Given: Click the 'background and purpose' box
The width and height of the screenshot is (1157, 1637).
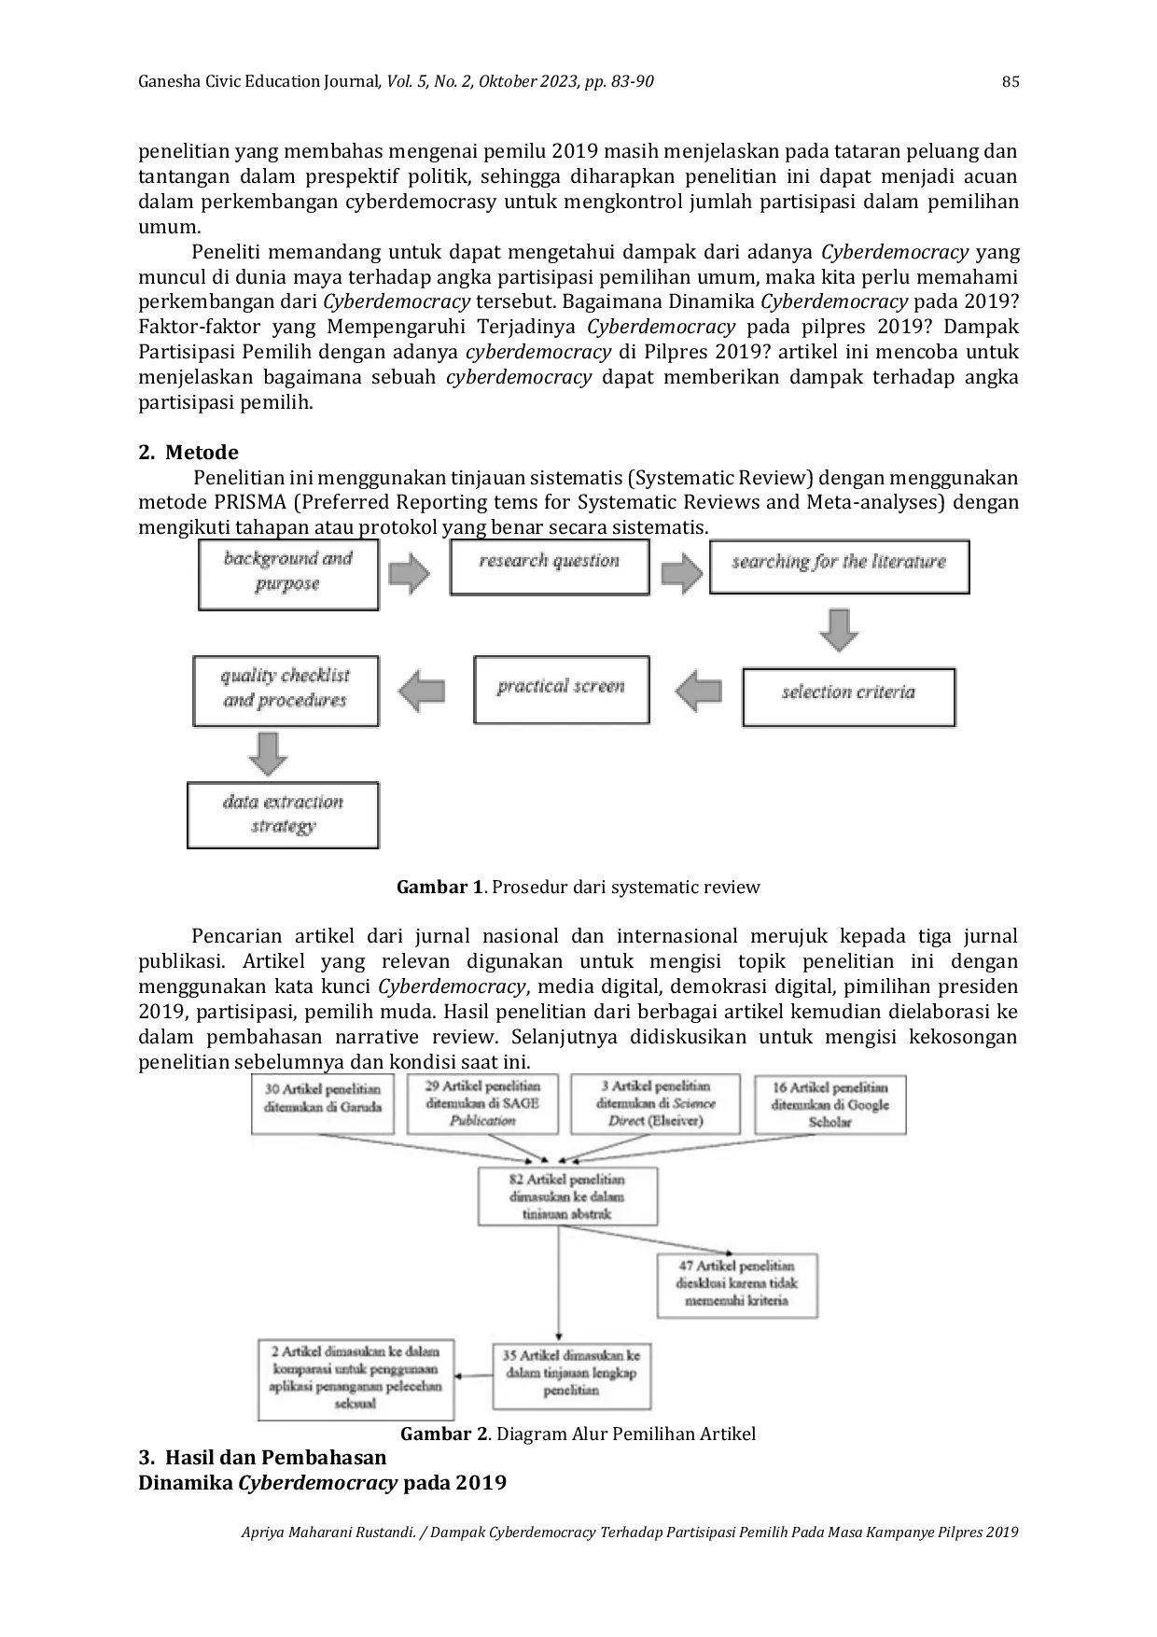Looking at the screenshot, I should point(288,574).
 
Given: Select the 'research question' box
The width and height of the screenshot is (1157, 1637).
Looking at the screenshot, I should point(550,567).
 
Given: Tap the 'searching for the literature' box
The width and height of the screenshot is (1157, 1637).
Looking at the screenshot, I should point(839,567).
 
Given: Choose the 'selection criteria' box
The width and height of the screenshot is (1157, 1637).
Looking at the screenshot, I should point(848,696).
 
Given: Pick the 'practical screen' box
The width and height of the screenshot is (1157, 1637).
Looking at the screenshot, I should point(561,690).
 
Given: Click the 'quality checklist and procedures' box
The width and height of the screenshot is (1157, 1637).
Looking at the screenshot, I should point(286,691).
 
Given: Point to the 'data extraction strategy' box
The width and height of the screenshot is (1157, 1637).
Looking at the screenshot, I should point(283,816).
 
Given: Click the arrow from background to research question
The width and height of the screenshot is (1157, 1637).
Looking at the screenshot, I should point(409,573).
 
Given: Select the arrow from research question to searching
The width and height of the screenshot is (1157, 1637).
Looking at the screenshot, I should point(681,573).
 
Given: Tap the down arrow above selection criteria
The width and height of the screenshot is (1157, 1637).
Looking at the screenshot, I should point(839,630).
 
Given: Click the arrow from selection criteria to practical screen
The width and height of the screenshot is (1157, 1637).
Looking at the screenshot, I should point(698,692).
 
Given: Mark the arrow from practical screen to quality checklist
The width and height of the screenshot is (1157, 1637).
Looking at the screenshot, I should point(422,692).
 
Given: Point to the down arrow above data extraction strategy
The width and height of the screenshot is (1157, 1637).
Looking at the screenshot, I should point(269,753).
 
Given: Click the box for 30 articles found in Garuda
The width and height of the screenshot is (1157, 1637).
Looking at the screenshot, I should point(323,1102).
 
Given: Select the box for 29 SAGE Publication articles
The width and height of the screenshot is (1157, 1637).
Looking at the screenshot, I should point(482,1103).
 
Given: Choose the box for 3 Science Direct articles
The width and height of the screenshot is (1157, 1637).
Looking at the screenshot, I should point(655,1103).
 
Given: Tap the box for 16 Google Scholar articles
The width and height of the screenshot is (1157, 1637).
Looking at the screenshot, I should point(830,1104).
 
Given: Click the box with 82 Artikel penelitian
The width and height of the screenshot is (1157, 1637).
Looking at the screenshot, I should point(567,1196).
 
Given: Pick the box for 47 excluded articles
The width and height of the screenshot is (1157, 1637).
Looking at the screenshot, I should point(737,1284).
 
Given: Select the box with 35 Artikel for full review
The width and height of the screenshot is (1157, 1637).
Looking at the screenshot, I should point(571,1374).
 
